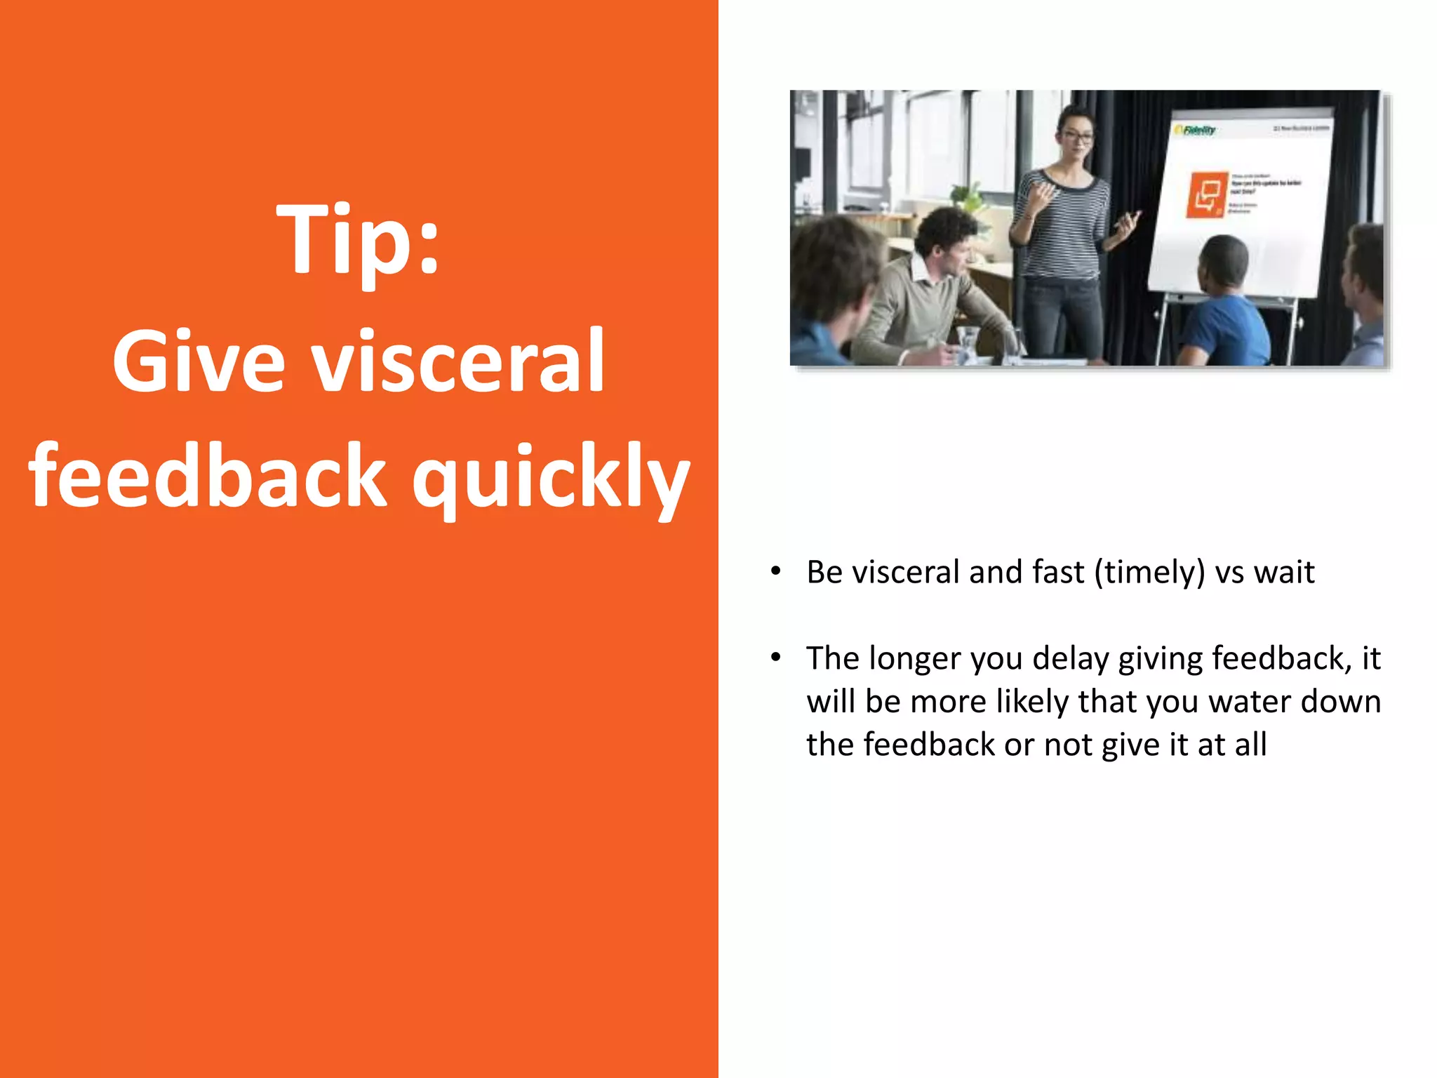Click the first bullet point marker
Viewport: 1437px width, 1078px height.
tap(775, 571)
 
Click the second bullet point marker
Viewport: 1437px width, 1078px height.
tap(775, 658)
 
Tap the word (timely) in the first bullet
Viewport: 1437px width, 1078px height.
tap(1149, 572)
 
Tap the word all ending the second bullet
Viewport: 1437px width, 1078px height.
tap(1251, 745)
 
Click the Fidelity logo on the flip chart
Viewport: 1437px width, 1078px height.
tap(1196, 131)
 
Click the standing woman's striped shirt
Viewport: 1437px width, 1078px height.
tap(1063, 225)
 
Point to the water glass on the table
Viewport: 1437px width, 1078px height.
tap(968, 344)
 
